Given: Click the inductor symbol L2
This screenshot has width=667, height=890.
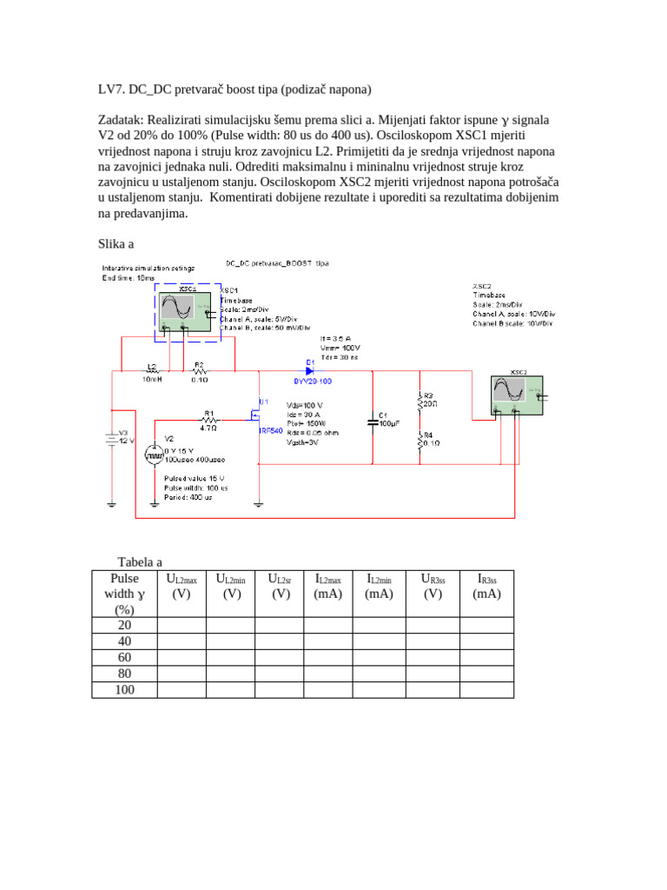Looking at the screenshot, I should pos(153,371).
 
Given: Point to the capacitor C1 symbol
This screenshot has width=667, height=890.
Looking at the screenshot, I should pos(373,420).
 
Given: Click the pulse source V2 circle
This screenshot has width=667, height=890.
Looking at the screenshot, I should pos(154,453).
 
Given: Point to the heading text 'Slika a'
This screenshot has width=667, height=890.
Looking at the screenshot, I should pos(115,243).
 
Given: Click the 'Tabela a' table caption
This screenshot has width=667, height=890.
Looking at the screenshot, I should pos(140,562).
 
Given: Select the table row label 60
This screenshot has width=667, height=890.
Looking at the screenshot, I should pos(124,657).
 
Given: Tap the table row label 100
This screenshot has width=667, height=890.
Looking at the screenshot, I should pos(124,689).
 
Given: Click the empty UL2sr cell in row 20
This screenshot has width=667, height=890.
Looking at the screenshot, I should pos(280,625).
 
